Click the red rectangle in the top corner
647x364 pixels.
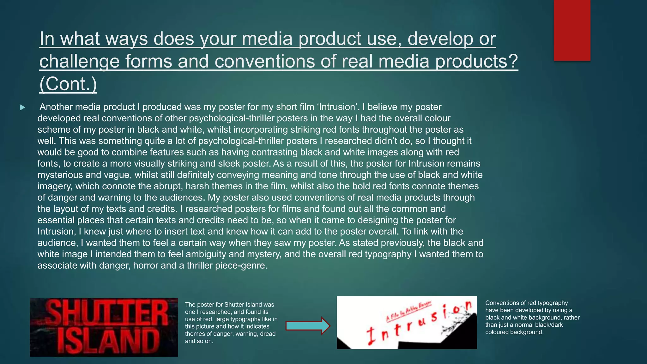click(572, 30)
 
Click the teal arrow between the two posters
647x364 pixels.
click(307, 325)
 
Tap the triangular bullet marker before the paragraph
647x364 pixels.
click(22, 107)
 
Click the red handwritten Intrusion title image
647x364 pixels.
click(407, 323)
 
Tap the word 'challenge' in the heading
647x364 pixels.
click(79, 61)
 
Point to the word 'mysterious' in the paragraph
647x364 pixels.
click(60, 175)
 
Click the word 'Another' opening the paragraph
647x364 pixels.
click(56, 107)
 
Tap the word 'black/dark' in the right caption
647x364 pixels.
click(548, 325)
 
